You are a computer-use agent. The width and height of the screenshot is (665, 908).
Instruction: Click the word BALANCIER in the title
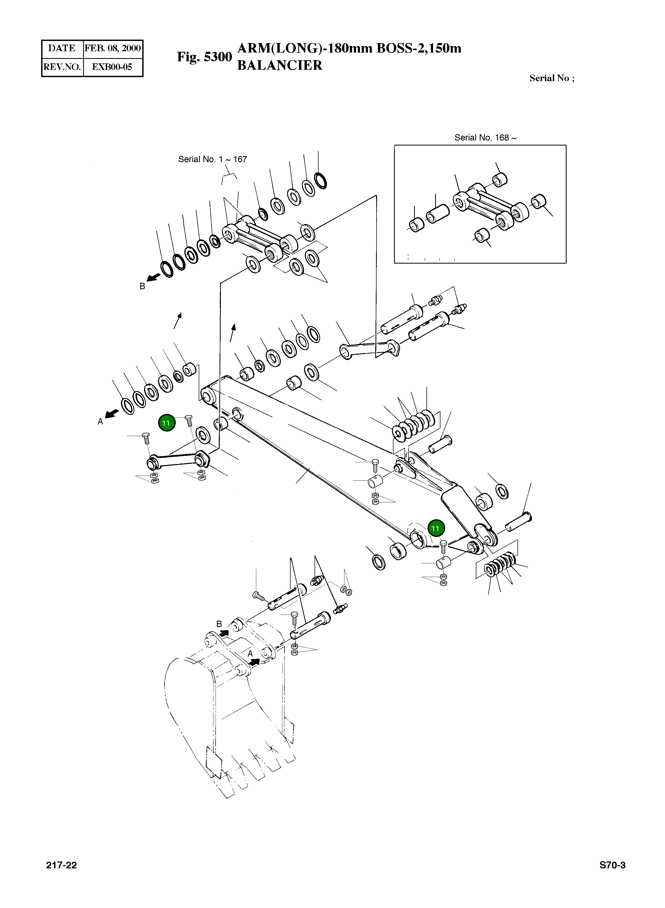click(280, 65)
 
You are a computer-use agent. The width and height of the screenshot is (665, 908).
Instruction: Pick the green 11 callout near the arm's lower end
click(436, 528)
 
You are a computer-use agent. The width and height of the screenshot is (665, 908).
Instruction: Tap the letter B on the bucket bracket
click(219, 624)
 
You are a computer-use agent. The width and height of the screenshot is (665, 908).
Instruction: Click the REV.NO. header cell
click(62, 67)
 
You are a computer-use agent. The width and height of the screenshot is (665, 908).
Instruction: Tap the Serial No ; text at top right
click(552, 78)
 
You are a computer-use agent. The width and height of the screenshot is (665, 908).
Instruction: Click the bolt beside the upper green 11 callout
click(189, 421)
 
